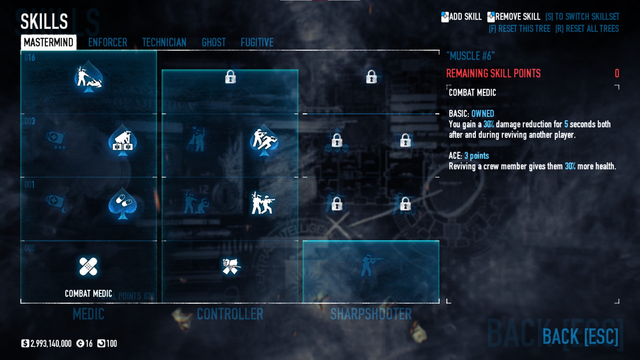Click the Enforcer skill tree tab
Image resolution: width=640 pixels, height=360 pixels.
click(x=107, y=42)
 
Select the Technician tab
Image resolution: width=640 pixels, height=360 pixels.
click(x=164, y=42)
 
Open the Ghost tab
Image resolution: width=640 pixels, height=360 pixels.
click(x=213, y=42)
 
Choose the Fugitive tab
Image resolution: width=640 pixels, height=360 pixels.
click(x=257, y=42)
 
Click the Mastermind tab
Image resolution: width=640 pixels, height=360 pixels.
click(x=49, y=42)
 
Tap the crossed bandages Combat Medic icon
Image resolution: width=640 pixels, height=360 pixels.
click(x=88, y=267)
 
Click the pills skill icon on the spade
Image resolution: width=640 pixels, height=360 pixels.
click(x=123, y=203)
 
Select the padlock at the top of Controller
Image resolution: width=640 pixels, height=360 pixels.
click(x=230, y=77)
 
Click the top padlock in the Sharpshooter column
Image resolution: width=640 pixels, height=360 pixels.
click(x=371, y=77)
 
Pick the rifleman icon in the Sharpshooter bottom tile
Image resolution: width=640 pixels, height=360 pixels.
click(x=370, y=265)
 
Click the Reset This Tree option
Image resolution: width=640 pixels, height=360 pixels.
click(x=519, y=29)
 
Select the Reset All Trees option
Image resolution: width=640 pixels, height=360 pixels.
click(x=587, y=29)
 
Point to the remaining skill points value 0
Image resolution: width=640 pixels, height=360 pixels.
click(x=617, y=73)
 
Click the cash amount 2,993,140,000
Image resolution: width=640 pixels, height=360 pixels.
click(x=51, y=344)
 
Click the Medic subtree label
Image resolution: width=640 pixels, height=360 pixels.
click(x=88, y=314)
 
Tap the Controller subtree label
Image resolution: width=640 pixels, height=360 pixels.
click(x=230, y=314)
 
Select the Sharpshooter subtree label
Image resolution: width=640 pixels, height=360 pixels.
click(x=371, y=314)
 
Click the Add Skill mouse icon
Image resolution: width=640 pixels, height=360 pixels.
click(x=445, y=17)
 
